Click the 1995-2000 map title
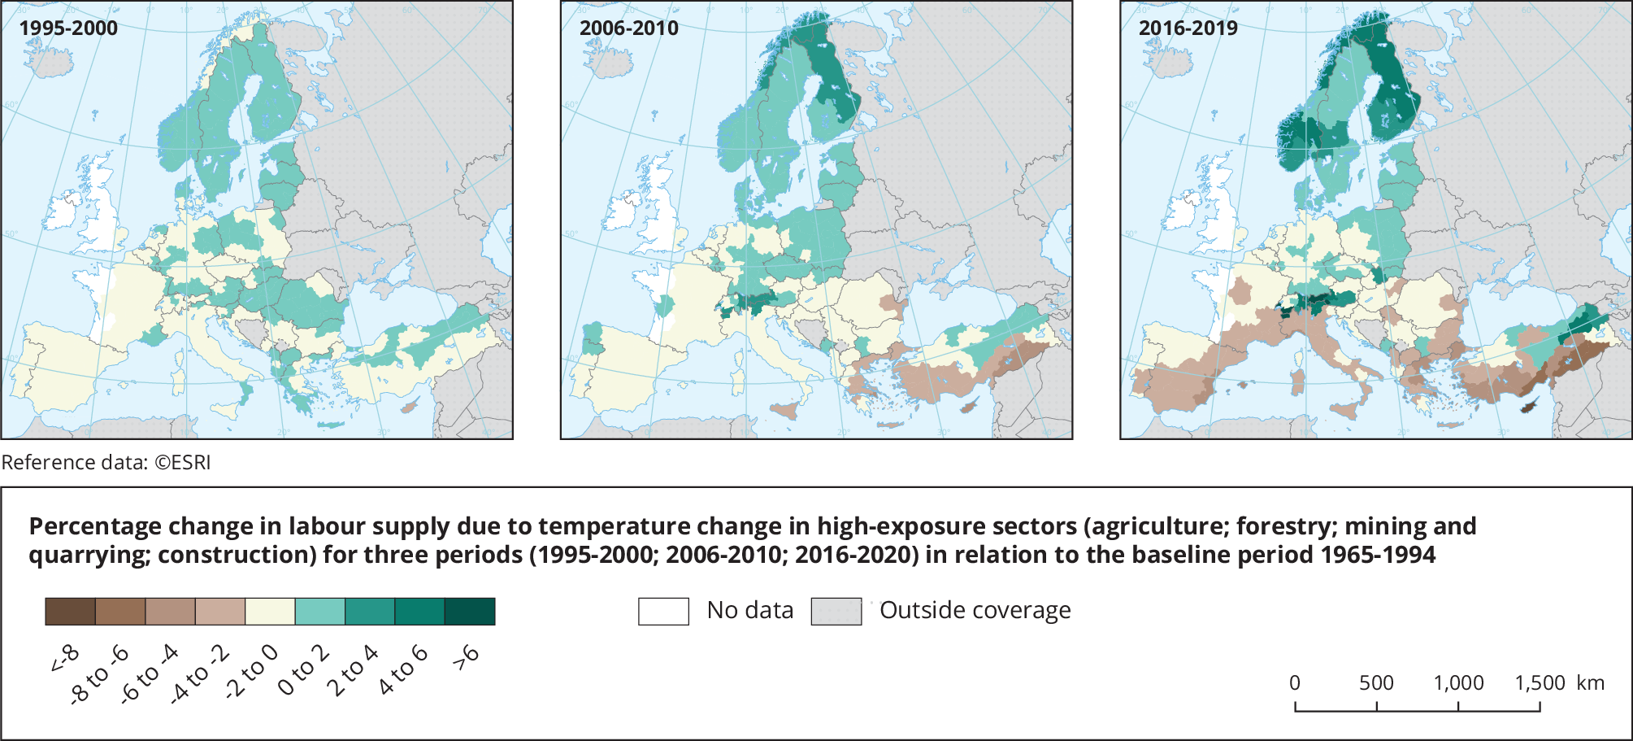tap(68, 28)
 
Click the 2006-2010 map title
tap(628, 28)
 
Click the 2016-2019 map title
tap(1188, 28)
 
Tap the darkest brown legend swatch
tap(70, 612)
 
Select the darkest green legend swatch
tap(470, 612)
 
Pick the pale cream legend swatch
tap(270, 612)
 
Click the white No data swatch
tap(663, 612)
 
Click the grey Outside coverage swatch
tap(836, 612)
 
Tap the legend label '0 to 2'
tap(303, 671)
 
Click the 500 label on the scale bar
tap(1376, 683)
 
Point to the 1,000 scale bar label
tap(1458, 683)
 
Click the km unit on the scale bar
tap(1591, 683)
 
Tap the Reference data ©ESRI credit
tap(106, 463)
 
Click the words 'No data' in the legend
tap(749, 610)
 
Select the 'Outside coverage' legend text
tap(975, 610)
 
